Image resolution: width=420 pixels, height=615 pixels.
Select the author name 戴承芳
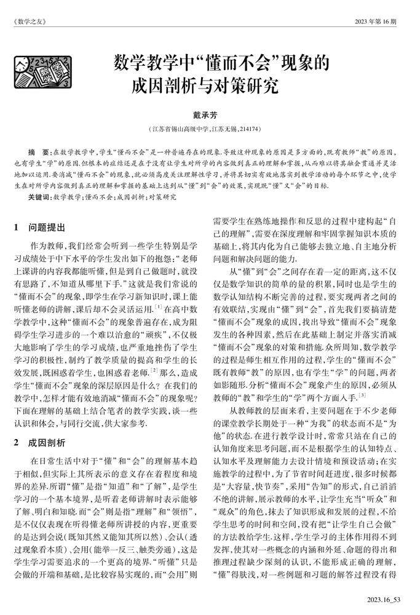210,116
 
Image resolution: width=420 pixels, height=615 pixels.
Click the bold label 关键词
41,197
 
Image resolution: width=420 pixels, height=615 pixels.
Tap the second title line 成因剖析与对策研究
210,84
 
